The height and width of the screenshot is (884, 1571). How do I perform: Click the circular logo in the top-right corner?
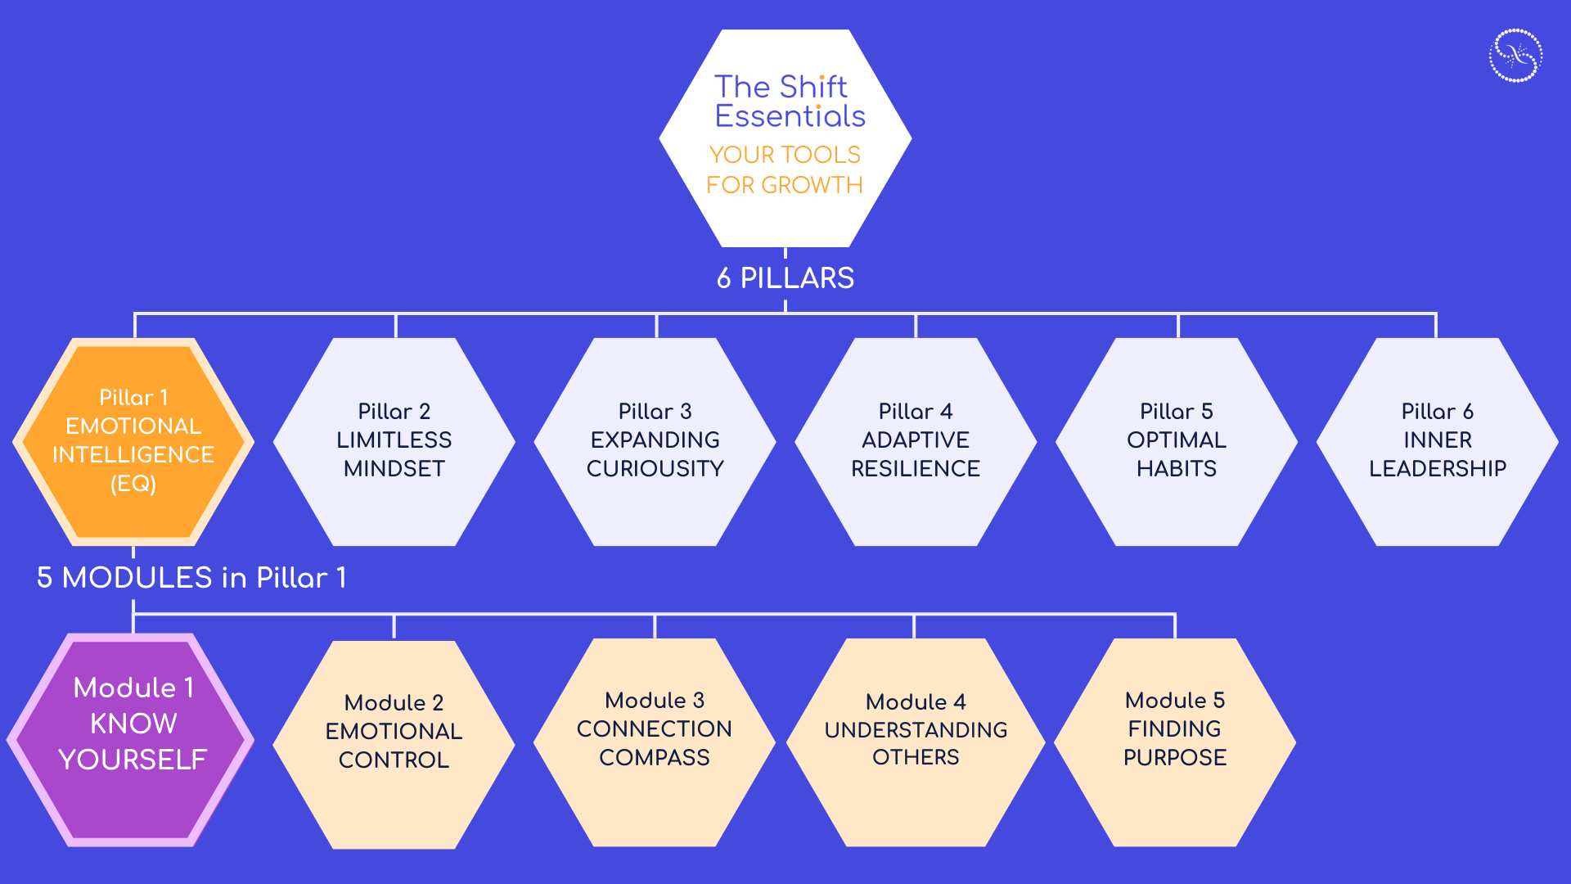pos(1515,56)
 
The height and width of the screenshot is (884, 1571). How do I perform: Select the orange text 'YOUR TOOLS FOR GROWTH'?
pos(784,169)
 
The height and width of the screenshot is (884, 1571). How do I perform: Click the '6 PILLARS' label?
pos(785,278)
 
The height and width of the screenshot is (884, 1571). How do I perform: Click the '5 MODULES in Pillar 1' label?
pos(191,578)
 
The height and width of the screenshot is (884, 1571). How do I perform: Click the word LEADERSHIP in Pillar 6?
pos(1437,468)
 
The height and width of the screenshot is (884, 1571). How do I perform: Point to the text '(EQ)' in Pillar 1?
pos(133,484)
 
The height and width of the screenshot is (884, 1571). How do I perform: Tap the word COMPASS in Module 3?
pos(655,757)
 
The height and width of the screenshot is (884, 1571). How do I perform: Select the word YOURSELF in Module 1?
pos(133,760)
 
